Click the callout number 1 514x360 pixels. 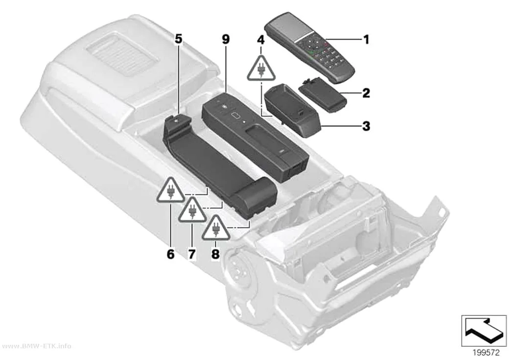tap(366, 40)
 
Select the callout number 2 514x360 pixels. tap(366, 93)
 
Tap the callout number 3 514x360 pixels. tap(366, 126)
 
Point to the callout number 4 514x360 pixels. tap(260, 40)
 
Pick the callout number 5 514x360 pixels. tap(178, 39)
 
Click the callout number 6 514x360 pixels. tap(170, 254)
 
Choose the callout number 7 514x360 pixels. tap(192, 254)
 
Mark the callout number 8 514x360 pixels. tap(215, 254)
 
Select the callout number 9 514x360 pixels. tap(226, 40)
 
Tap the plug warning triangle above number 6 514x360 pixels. tap(170, 192)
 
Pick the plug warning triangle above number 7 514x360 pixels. tap(192, 211)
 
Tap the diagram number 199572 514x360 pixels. tap(486, 353)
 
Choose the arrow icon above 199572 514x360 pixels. tap(484, 331)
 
